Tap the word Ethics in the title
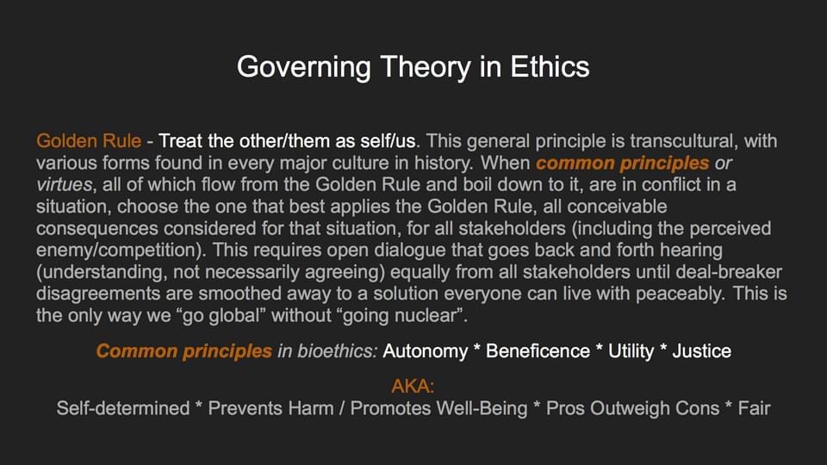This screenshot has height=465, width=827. pyautogui.click(x=550, y=67)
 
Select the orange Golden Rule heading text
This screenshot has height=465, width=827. pyautogui.click(x=89, y=140)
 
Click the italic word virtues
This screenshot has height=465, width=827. pyautogui.click(x=64, y=184)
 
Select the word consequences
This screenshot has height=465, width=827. pyautogui.click(x=97, y=229)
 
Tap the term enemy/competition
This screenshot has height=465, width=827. pyautogui.click(x=119, y=251)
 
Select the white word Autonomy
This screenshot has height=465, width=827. pyautogui.click(x=425, y=351)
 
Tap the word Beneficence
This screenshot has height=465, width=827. pyautogui.click(x=538, y=351)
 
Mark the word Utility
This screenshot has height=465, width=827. pyautogui.click(x=631, y=351)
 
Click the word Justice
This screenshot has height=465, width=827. pyautogui.click(x=701, y=351)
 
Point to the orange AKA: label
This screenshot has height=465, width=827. pyautogui.click(x=413, y=387)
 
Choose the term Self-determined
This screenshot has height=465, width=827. pyautogui.click(x=123, y=408)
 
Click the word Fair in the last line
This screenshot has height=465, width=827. pyautogui.click(x=755, y=408)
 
